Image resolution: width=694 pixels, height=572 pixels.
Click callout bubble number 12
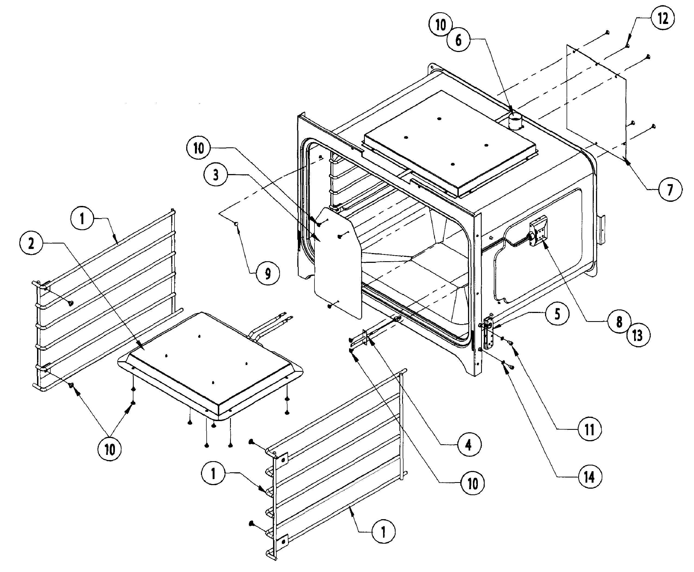(662, 19)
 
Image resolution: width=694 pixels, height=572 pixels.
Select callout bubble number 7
(670, 190)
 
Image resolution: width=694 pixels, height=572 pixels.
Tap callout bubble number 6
(458, 40)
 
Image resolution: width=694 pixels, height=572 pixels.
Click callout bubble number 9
(268, 273)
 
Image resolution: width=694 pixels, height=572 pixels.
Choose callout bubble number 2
(31, 244)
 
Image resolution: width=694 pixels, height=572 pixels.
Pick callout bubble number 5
(557, 314)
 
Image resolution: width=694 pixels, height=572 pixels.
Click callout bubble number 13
(638, 335)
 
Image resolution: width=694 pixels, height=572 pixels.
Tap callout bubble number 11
(589, 429)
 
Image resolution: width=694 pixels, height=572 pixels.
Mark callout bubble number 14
(589, 477)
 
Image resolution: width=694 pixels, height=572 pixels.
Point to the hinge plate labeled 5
(488, 333)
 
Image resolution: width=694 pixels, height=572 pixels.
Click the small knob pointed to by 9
(236, 224)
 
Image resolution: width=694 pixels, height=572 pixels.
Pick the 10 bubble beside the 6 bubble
(440, 25)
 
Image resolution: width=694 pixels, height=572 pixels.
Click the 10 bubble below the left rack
(109, 449)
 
